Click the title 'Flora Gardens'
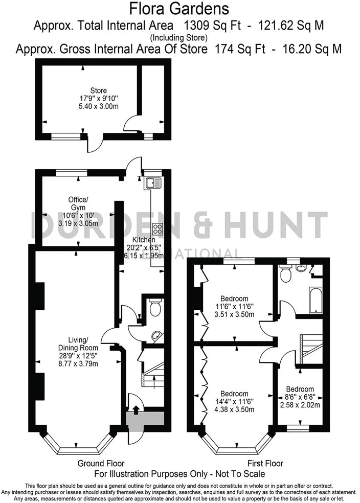179,9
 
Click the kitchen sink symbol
153,183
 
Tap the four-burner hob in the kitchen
157,229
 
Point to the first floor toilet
286,275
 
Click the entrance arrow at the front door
136,408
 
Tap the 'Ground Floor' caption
101,464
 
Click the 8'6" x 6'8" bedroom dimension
300,397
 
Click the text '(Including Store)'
179,37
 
